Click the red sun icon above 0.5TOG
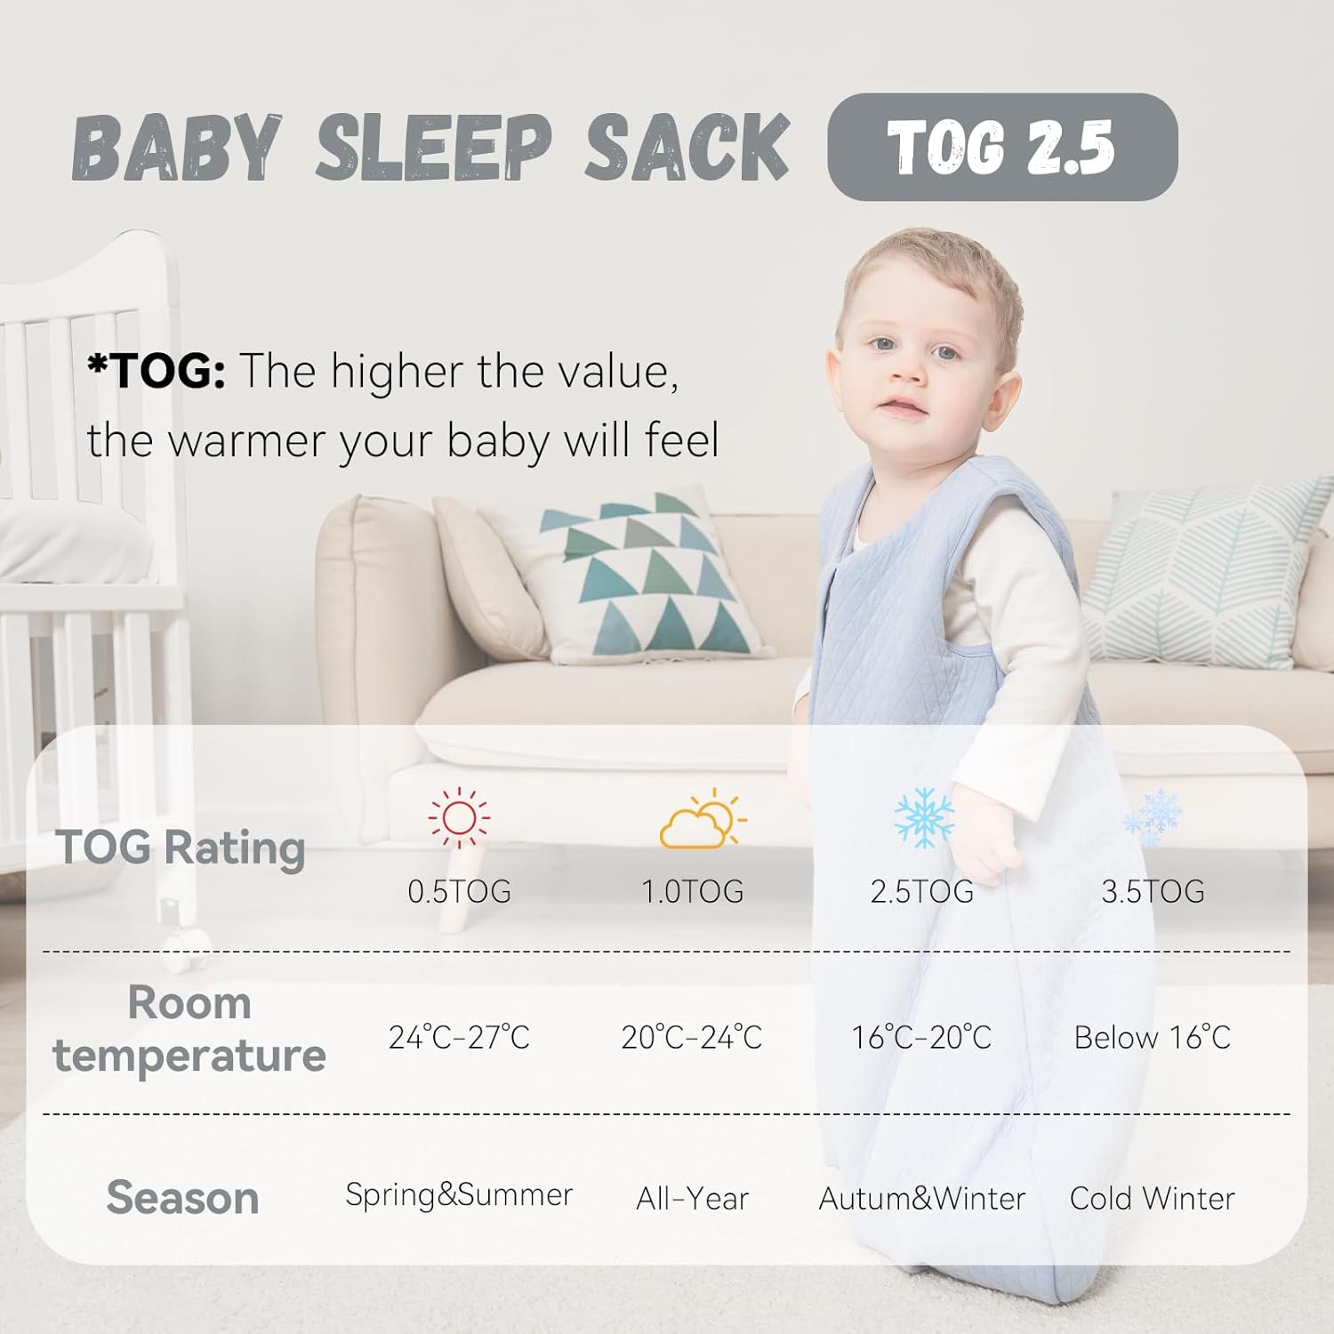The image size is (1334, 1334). (459, 817)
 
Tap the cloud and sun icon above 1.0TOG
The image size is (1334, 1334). (703, 818)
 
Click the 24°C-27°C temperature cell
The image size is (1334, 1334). (459, 1037)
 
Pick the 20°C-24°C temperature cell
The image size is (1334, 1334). (692, 1037)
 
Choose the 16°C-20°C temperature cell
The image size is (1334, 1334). (921, 1037)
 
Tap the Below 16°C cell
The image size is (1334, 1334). (1153, 1037)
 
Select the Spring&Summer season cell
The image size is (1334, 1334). (459, 1195)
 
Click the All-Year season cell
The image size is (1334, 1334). (692, 1199)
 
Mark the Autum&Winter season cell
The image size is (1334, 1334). (922, 1199)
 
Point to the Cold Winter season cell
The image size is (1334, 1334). (1153, 1199)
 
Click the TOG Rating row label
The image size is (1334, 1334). (181, 848)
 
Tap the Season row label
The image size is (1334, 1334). (183, 1198)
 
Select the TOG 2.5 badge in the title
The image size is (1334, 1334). (1002, 147)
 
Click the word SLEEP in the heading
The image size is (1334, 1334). (434, 148)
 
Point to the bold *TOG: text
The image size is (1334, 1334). (157, 371)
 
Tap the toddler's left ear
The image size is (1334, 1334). (1009, 391)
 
